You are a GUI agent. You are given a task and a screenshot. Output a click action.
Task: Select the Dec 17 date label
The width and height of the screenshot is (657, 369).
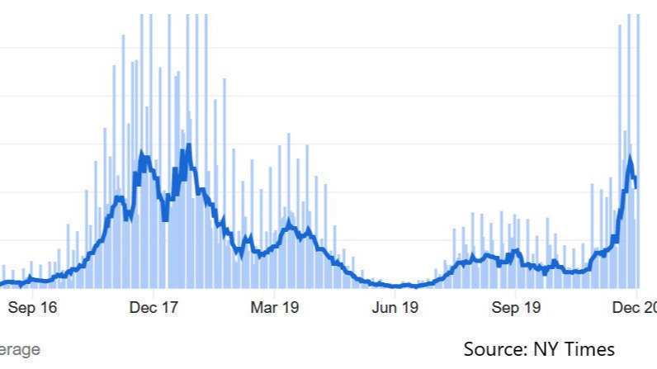(154, 308)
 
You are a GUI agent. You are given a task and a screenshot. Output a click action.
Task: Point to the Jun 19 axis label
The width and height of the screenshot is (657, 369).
(395, 308)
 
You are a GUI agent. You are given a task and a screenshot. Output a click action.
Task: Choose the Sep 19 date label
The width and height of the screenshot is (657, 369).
(516, 308)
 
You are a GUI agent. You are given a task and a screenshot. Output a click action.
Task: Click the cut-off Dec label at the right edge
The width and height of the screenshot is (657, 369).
(636, 308)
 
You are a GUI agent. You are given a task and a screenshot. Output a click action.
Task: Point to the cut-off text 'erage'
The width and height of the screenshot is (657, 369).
(19, 349)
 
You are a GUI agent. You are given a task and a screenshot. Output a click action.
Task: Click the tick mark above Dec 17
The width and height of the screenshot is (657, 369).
(154, 291)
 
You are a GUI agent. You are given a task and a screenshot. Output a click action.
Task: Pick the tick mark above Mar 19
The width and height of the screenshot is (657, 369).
(276, 291)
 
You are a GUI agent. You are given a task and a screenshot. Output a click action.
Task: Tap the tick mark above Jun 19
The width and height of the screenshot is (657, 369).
(395, 291)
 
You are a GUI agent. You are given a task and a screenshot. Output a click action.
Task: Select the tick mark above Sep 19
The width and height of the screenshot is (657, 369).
(516, 291)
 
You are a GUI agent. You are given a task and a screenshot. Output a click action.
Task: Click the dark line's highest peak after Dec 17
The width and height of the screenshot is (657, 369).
(189, 146)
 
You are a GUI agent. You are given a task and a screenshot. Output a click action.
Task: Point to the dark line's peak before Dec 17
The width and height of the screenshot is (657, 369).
(143, 153)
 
